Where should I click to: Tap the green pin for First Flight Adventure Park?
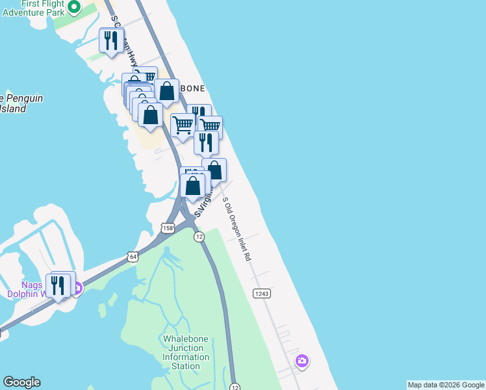tap(74, 8)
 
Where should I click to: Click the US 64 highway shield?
tap(133, 257)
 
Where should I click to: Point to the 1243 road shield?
tap(261, 294)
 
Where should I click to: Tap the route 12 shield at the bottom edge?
tap(234, 386)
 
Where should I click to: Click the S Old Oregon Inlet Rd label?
tap(237, 231)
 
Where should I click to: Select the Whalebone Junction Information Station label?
tap(186, 352)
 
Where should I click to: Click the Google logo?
tap(21, 382)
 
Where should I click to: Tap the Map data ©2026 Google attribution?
tap(445, 385)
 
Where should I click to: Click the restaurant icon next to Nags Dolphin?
tap(58, 285)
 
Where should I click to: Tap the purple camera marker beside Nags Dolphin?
tap(77, 288)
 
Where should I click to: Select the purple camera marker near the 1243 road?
tap(301, 361)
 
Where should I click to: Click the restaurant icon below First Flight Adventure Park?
tap(111, 40)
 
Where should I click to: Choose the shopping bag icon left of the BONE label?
tap(166, 92)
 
